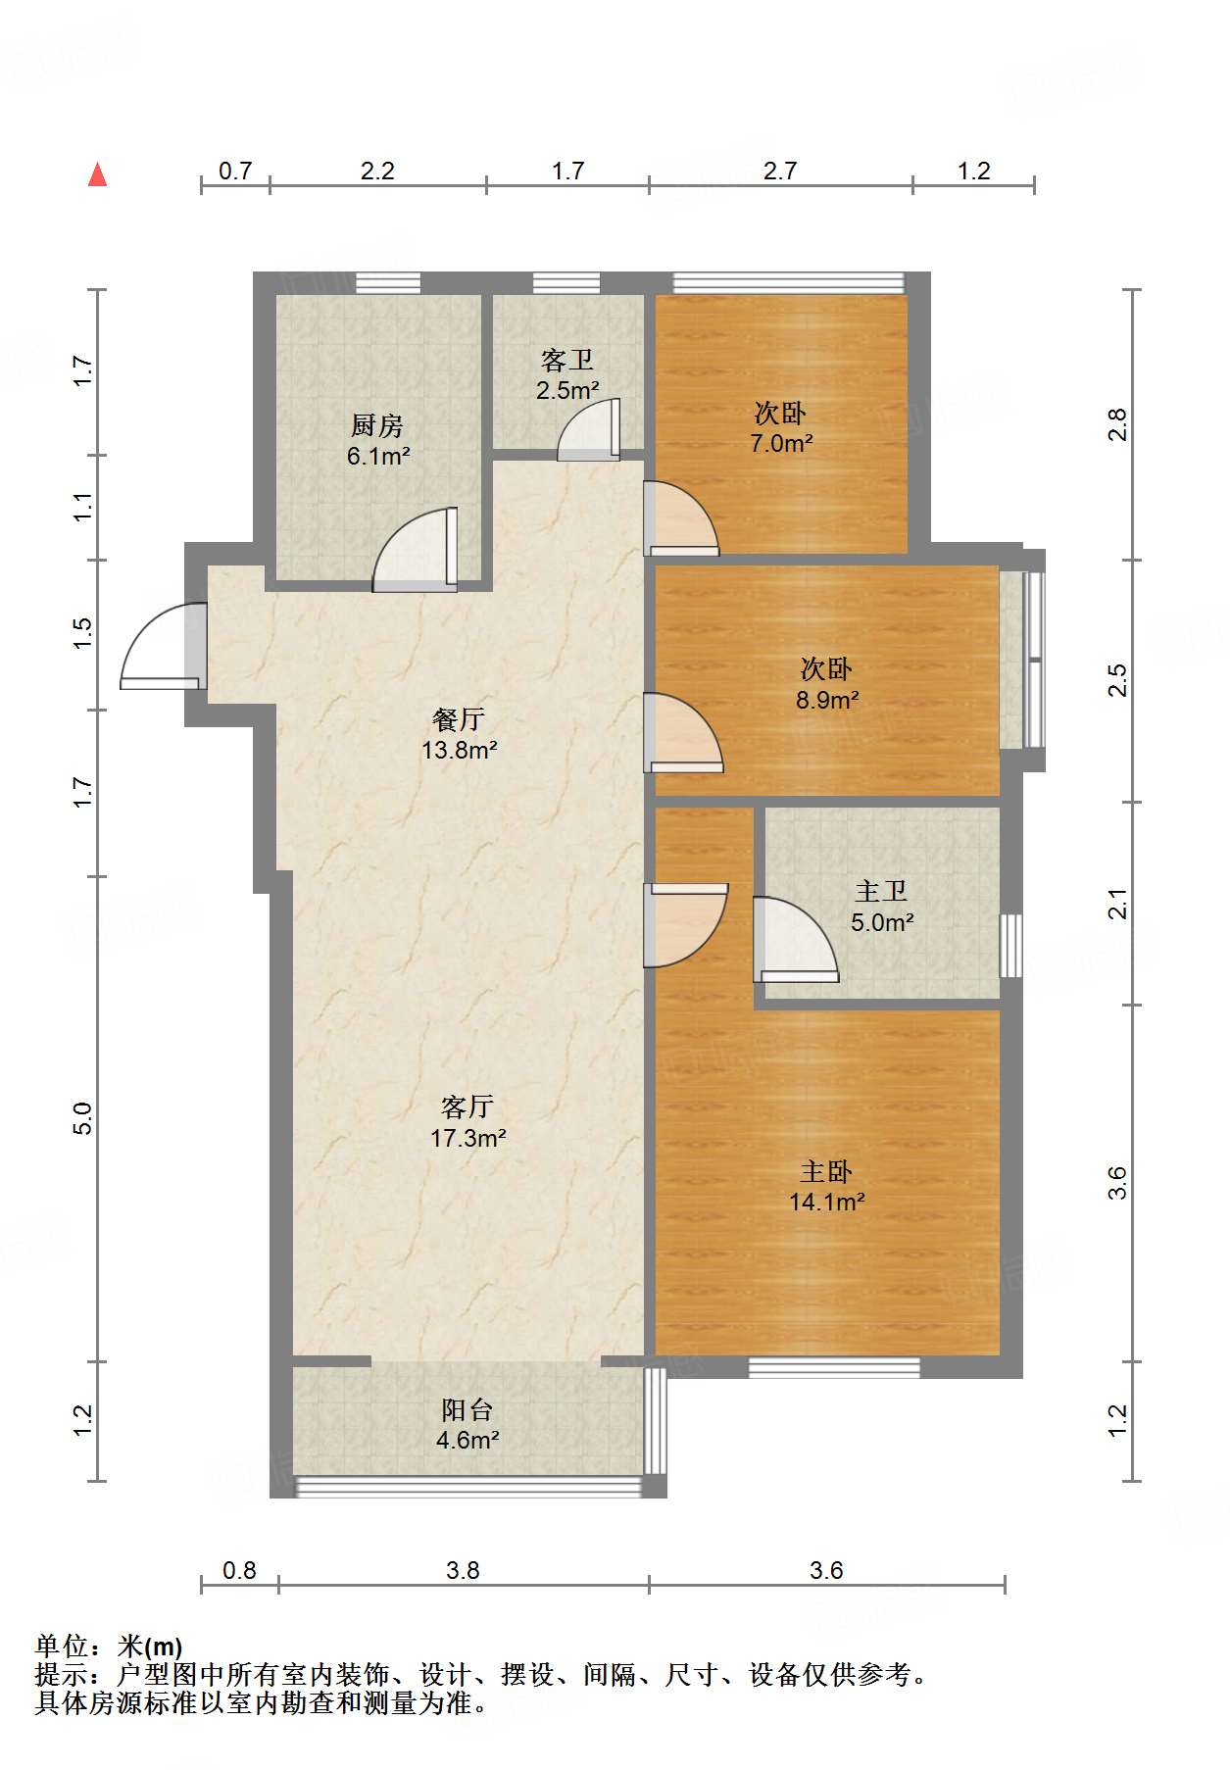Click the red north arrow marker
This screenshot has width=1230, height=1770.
tap(97, 174)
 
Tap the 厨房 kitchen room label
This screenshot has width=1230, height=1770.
tap(377, 425)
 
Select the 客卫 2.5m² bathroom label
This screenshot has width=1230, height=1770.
tap(567, 375)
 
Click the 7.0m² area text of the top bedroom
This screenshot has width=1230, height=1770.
tap(781, 444)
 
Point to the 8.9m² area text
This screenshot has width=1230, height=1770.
tap(827, 701)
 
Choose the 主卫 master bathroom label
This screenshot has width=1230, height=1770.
tap(881, 891)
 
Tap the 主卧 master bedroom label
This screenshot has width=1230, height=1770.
tap(826, 1171)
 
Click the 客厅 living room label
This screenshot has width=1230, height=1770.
tap(467, 1106)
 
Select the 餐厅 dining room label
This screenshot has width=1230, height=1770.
tap(459, 719)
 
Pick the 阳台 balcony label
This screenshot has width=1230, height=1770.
tap(467, 1409)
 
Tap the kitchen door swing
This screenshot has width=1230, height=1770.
tap(416, 551)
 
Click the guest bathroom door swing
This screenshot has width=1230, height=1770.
tap(589, 429)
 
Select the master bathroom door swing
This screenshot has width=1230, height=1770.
tap(796, 940)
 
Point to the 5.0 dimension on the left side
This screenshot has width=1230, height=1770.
tap(83, 1118)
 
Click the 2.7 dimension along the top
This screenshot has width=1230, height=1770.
tap(780, 172)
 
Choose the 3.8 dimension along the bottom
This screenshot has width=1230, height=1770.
tap(463, 1571)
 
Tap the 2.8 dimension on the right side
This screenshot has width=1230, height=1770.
tap(1117, 424)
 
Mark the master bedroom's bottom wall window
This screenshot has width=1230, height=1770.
tap(834, 1367)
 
